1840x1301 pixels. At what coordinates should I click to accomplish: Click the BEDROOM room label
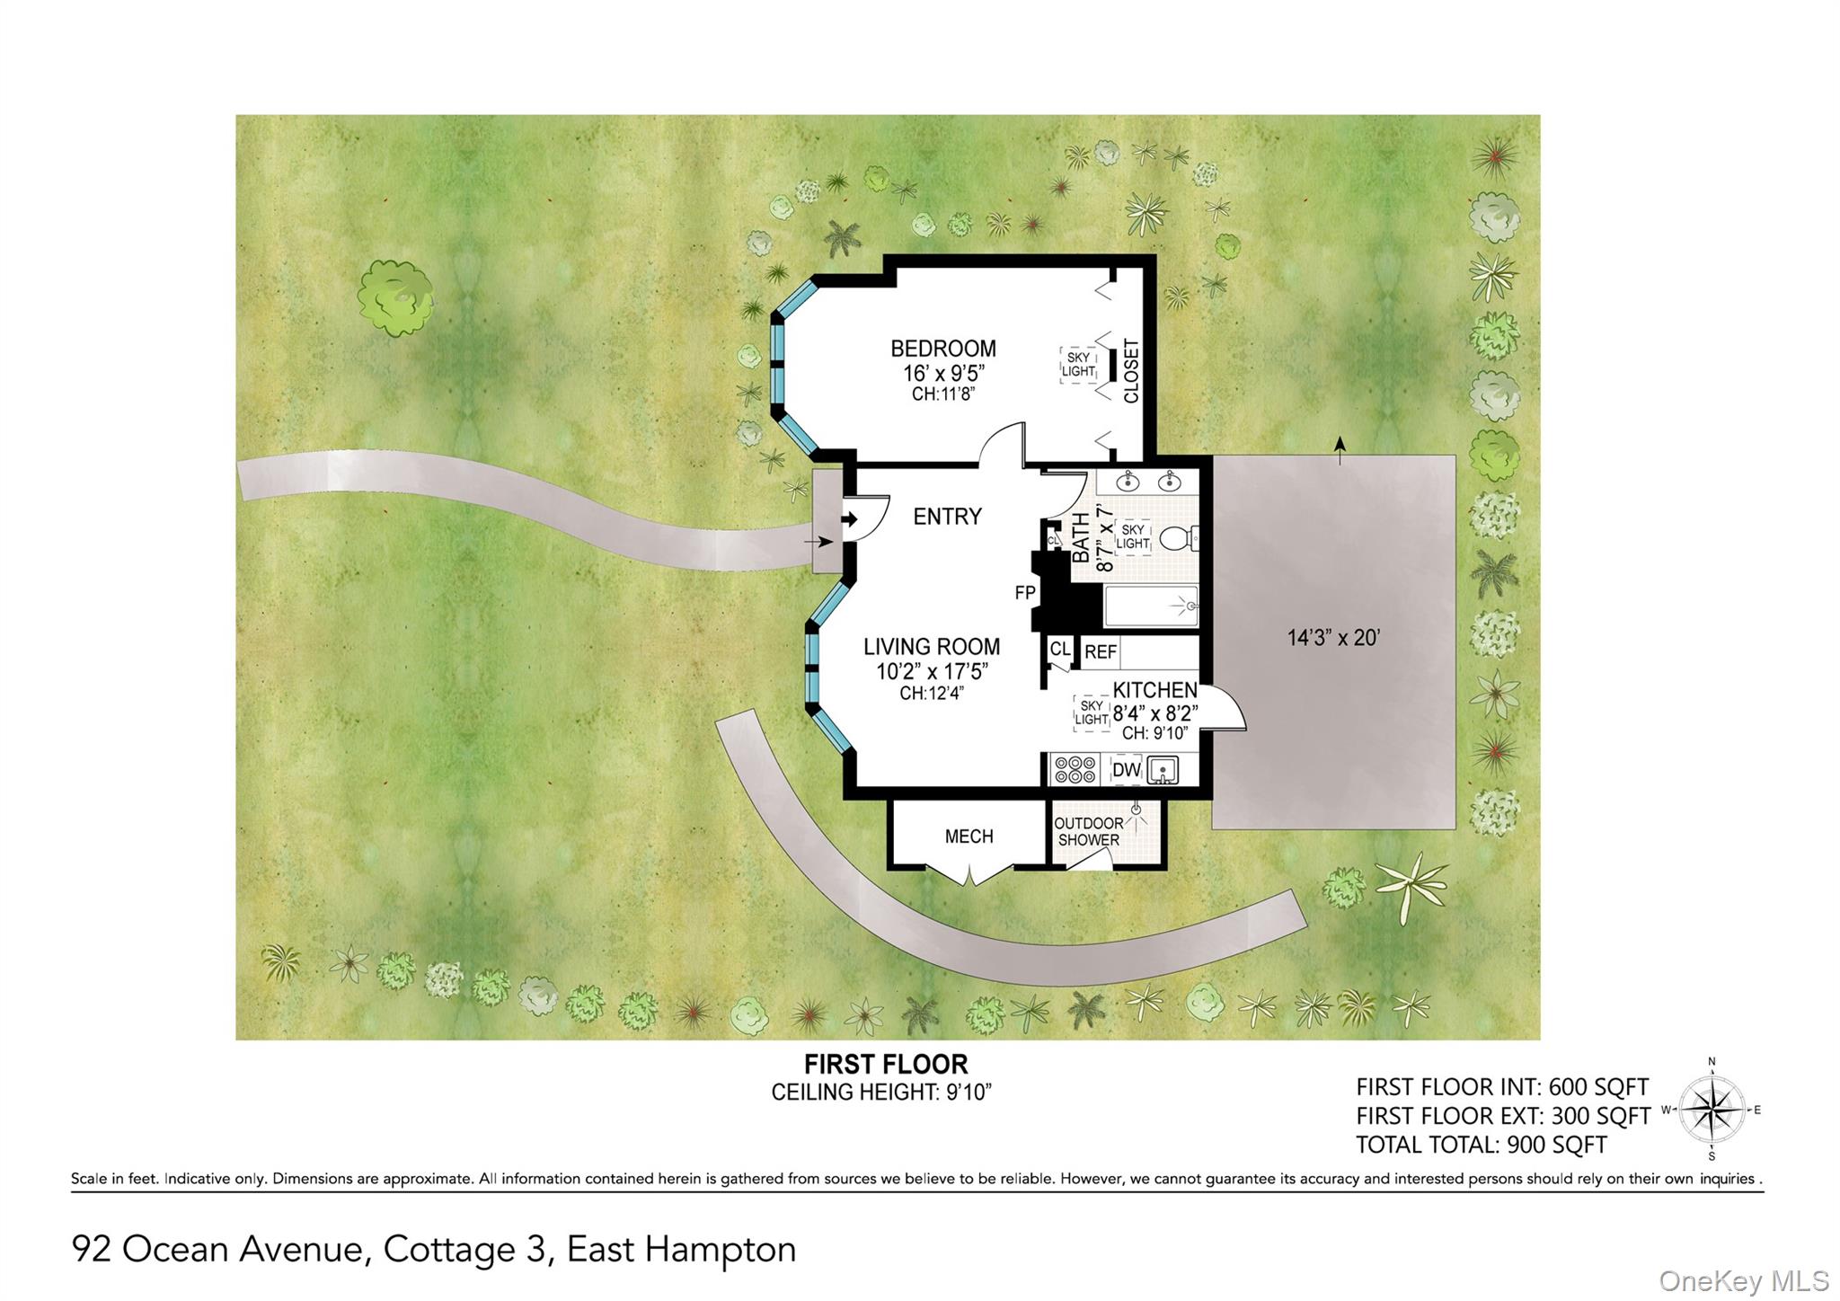pos(942,349)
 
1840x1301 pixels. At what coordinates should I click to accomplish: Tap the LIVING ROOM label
pos(932,647)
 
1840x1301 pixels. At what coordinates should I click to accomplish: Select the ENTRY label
pos(947,517)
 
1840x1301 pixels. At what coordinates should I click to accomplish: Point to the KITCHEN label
pos(1155,690)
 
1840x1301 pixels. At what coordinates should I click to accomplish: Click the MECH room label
pos(969,836)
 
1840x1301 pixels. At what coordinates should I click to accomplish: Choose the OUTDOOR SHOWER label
pos(1089,832)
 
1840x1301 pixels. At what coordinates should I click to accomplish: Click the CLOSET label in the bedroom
pos(1131,371)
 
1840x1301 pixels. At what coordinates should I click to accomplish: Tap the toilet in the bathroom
pos(1179,538)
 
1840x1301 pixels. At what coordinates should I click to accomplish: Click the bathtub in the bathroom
pos(1151,606)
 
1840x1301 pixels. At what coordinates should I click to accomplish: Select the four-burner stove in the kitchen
pos(1075,770)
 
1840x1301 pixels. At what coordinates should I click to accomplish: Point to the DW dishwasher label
pos(1126,770)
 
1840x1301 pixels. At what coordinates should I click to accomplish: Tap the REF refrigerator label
pos(1101,652)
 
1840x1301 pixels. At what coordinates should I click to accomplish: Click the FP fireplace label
pos(1025,593)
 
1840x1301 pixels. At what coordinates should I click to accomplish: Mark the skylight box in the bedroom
pos(1078,365)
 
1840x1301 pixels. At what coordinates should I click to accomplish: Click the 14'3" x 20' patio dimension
pos(1333,638)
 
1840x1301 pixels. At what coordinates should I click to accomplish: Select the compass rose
pos(1712,1110)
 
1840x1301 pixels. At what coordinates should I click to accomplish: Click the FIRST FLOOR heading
pos(886,1065)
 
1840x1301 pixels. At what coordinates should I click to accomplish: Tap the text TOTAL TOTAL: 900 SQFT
pos(1482,1146)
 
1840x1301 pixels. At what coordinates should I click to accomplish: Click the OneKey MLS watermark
pos(1744,1280)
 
